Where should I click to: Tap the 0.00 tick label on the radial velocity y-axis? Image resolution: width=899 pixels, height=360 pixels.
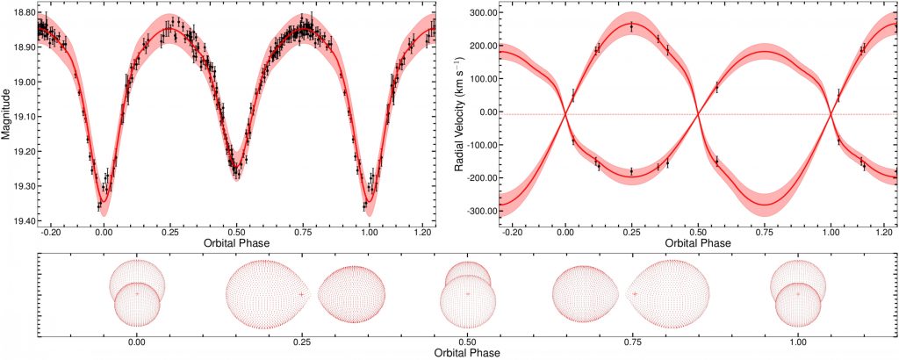(485, 112)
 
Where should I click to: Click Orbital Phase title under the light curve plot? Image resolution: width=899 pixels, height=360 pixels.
(235, 243)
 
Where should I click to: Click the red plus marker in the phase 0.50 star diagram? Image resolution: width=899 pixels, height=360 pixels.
(468, 293)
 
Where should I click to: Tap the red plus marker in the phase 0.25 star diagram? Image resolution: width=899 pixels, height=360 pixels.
(301, 294)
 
